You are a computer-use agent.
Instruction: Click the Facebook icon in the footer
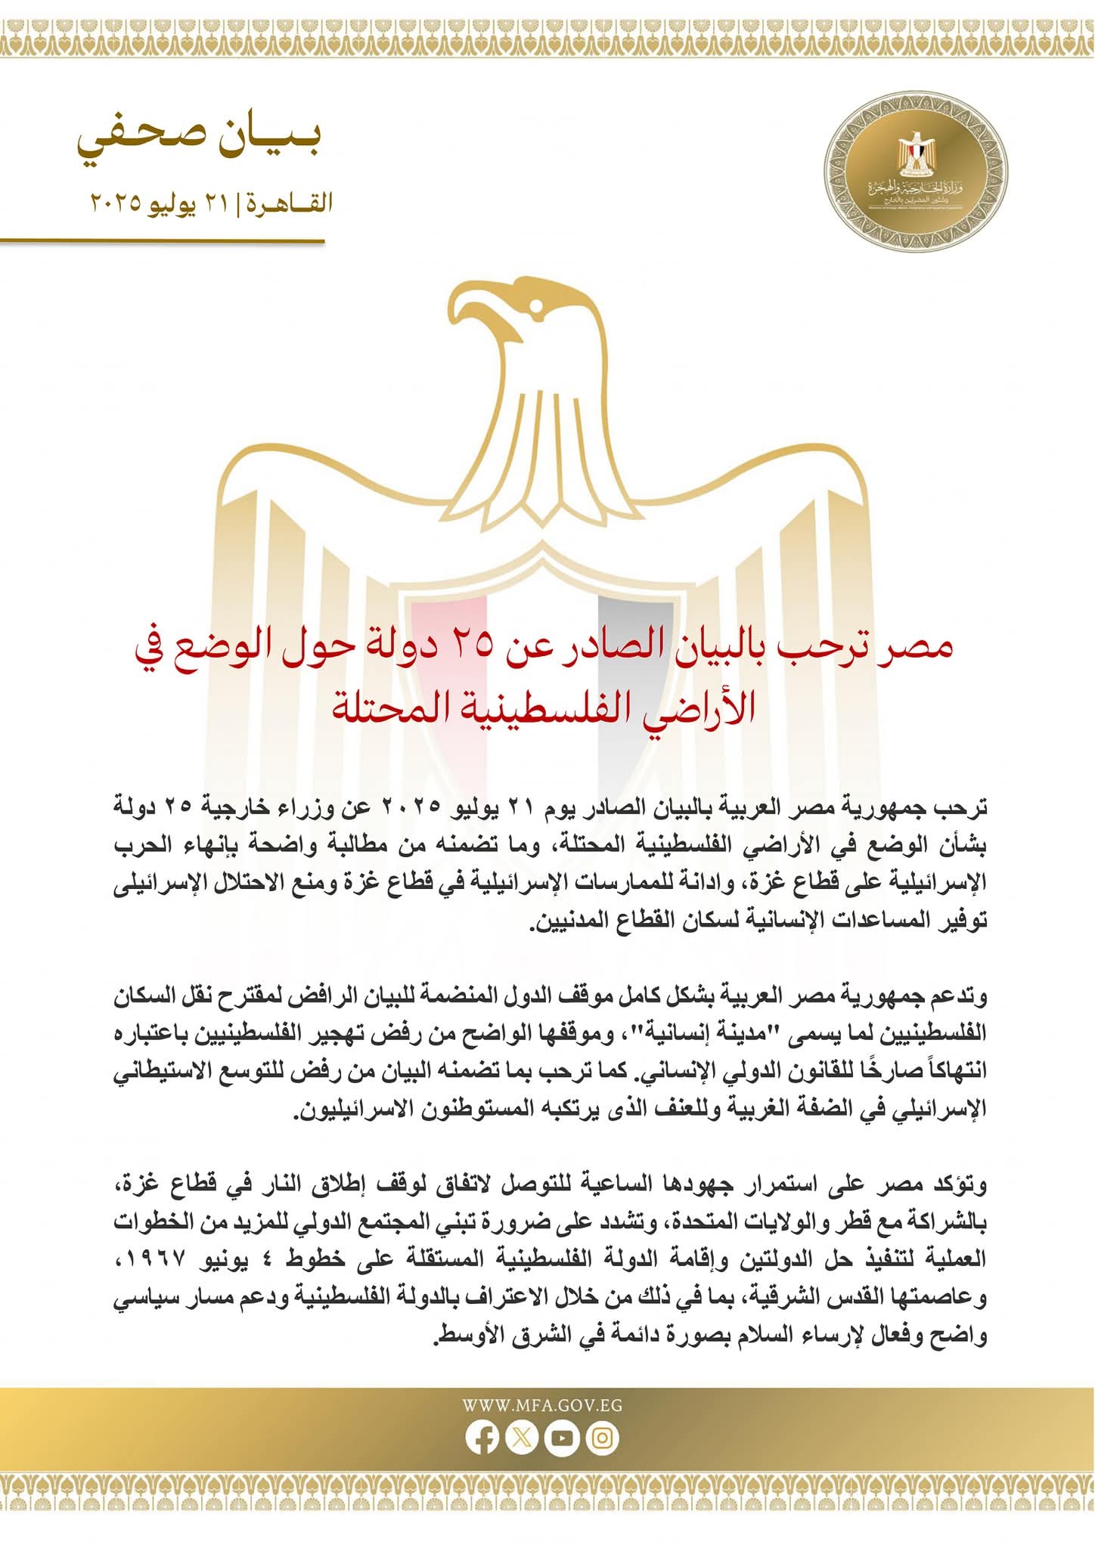point(482,1438)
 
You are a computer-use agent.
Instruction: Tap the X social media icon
point(522,1438)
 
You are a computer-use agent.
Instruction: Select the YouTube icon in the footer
point(563,1438)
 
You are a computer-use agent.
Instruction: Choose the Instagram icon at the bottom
point(603,1438)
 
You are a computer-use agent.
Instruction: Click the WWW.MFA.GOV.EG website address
point(542,1406)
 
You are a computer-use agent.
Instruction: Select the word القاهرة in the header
point(290,203)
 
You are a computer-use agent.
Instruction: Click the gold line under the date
point(163,242)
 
